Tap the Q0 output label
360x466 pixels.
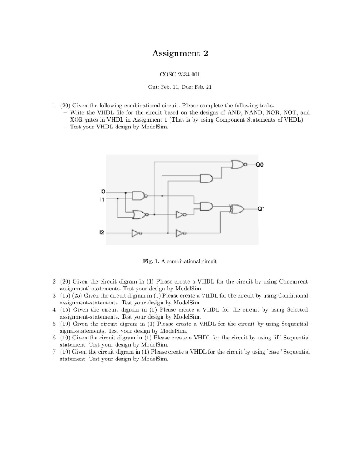pos(255,166)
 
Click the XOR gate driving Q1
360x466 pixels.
pos(237,209)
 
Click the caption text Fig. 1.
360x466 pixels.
pos(150,261)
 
